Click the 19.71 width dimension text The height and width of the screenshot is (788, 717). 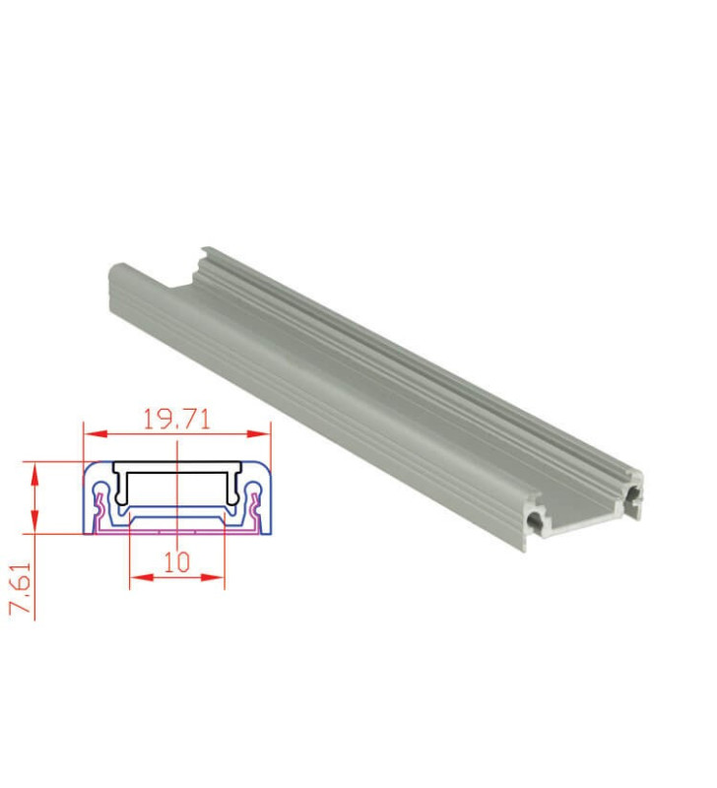[x=176, y=419]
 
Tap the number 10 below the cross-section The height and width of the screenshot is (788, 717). [x=176, y=562]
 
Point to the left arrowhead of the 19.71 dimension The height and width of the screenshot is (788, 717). [x=89, y=431]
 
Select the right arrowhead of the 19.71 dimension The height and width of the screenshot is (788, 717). [x=263, y=431]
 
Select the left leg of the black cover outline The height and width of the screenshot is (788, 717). [x=117, y=486]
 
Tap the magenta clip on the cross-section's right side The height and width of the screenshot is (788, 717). [x=254, y=511]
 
